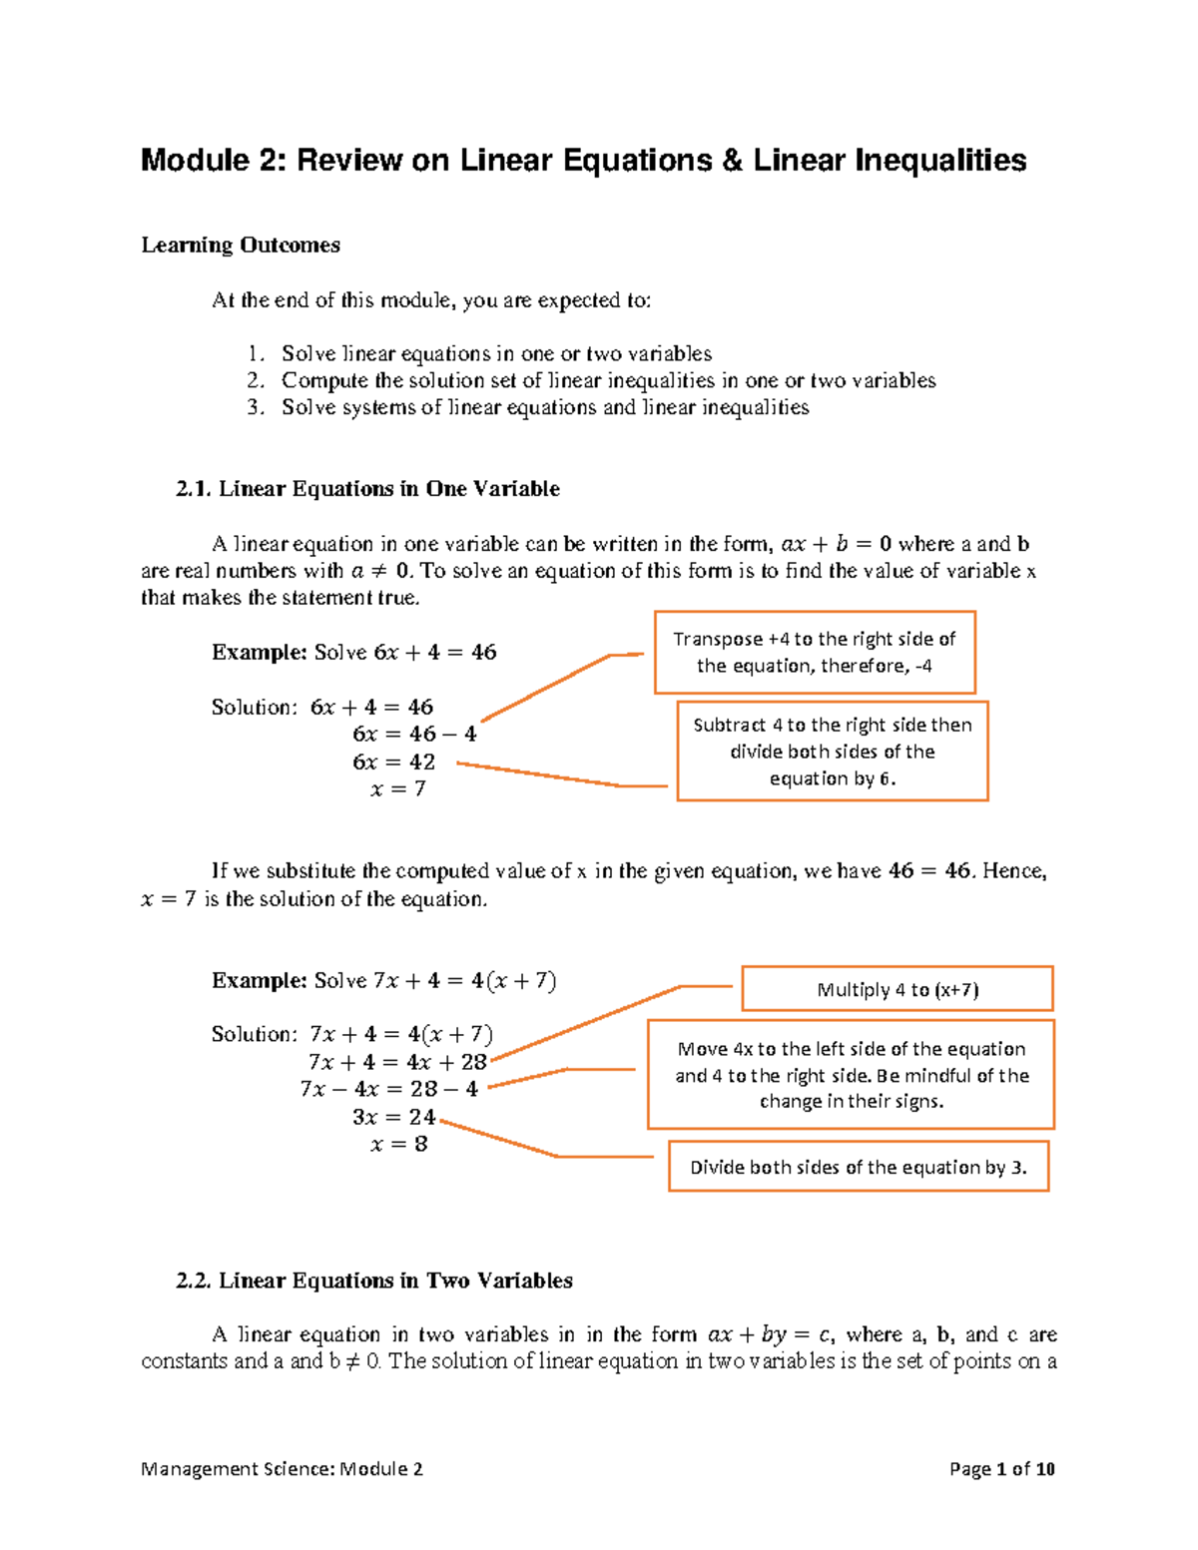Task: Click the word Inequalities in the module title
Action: [938, 161]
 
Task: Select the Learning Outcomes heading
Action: [241, 246]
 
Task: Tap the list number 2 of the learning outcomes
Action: [255, 380]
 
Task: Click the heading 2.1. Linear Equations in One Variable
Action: [367, 489]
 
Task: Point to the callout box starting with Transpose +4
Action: [814, 653]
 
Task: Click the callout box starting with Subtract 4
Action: [832, 752]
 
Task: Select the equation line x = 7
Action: [398, 789]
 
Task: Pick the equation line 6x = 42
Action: [394, 763]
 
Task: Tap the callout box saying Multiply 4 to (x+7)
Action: [897, 990]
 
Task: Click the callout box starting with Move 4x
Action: [851, 1075]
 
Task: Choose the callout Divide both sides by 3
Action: [858, 1167]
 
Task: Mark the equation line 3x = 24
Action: [394, 1117]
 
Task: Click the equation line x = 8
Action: [398, 1145]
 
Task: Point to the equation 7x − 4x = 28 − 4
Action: [389, 1090]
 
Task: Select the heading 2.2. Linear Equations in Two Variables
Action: [373, 1281]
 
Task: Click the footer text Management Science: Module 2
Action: [282, 1469]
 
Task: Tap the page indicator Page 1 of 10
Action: [1001, 1469]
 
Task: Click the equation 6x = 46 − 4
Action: [414, 735]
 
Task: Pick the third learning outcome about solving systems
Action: [545, 407]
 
